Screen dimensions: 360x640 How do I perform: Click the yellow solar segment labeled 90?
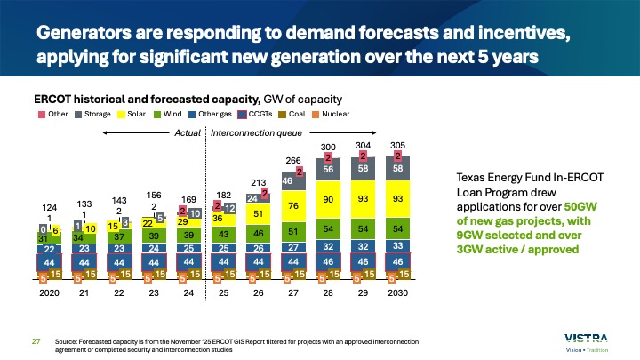point(327,201)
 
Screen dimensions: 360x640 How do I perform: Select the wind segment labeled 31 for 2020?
point(43,238)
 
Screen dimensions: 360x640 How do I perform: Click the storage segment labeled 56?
point(327,169)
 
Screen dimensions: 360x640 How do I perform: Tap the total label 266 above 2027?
point(291,160)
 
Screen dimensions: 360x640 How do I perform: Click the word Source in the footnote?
point(68,341)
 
